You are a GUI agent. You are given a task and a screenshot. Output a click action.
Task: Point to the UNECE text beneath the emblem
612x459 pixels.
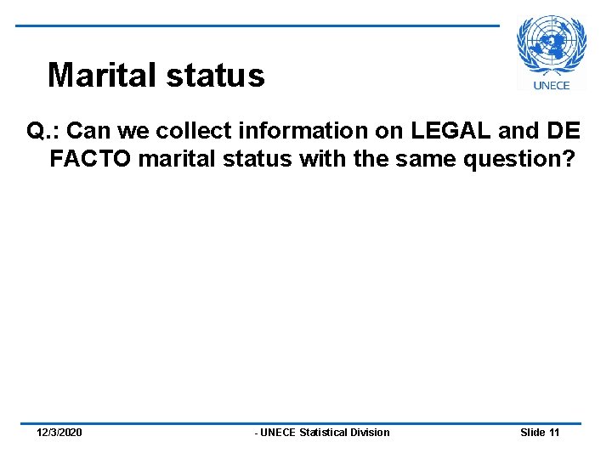tap(552, 85)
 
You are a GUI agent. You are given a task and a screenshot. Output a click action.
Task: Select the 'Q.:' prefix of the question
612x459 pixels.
tap(42, 132)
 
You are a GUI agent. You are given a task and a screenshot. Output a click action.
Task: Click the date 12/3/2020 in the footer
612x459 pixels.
tap(59, 433)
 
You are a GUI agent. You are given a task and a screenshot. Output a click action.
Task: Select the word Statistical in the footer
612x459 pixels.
tap(327, 433)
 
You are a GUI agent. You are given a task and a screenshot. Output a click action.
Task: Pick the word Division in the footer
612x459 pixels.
tap(373, 433)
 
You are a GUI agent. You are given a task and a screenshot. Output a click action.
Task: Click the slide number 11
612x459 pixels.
tap(554, 433)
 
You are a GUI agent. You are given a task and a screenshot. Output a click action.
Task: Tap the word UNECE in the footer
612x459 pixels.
tap(278, 433)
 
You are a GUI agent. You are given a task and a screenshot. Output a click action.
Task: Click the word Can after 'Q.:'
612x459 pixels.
tap(85, 132)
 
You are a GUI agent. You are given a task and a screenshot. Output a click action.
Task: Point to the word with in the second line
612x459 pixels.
tap(320, 159)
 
